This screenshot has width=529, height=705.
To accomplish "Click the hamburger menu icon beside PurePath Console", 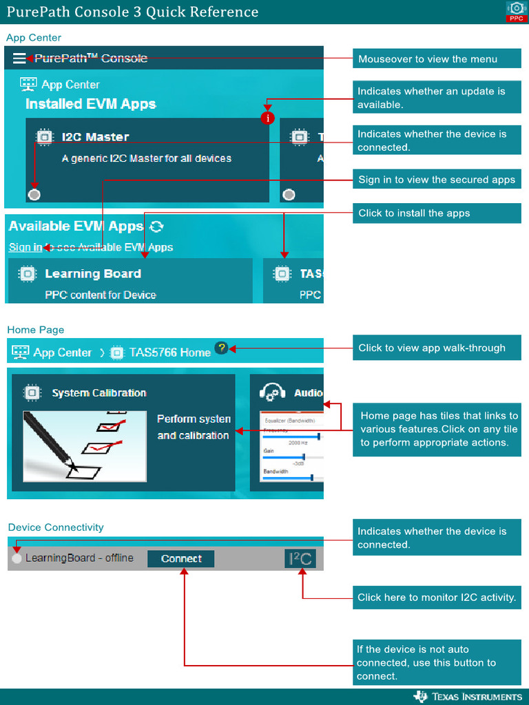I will pos(19,59).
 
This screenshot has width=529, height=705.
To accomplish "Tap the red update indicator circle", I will pos(268,118).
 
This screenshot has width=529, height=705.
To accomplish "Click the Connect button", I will pos(181,558).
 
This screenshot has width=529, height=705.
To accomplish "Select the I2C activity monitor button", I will pos(300,558).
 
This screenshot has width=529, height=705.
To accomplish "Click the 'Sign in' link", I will pos(25,247).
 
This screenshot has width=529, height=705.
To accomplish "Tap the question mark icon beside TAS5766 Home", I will pos(220,348).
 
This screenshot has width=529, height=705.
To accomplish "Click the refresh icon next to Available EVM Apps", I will pos(156,227).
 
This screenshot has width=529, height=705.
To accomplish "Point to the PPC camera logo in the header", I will pos(516,11).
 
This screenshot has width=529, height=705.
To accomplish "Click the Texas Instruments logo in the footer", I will pos(468,696).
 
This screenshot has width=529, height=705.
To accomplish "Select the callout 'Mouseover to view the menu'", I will pos(437,59).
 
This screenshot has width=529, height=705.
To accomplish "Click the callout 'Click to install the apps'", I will pos(437,213).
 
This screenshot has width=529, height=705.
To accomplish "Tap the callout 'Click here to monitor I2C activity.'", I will pos(437,598).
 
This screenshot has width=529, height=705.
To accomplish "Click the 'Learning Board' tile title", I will pos(93,273).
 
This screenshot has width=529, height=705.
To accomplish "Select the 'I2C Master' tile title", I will pos(95,137).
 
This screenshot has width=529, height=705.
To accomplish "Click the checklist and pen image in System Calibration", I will pos(84,445).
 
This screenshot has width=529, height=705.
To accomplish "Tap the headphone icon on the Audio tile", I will pos(273,392).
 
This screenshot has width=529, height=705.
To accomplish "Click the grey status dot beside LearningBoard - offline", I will pos(17,558).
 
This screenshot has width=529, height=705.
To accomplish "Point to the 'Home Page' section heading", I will pos(36,330).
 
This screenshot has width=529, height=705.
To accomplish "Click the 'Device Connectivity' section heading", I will pos(56,527).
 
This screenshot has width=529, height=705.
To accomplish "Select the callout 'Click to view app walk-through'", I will pos(437,348).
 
